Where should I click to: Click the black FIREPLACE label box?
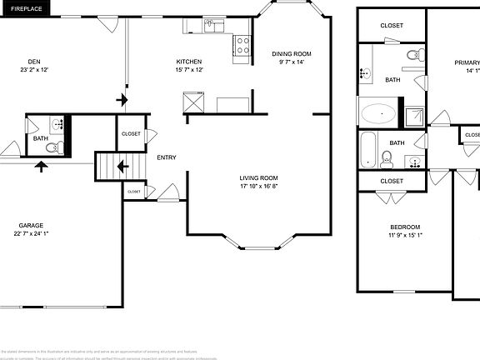pos(26,7)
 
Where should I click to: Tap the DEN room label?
pos(34,62)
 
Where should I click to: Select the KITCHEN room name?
pos(187,62)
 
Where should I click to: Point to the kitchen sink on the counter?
pos(215,26)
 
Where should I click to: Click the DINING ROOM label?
pos(292,54)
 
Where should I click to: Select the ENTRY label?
pos(167,157)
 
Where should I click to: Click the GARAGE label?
pos(32,225)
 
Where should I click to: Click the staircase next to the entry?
pos(109,166)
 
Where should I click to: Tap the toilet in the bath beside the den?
pos(52,148)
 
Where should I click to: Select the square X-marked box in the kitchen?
pos(195,102)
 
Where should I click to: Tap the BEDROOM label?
pos(405,227)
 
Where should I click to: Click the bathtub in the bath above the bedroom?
pos(367,152)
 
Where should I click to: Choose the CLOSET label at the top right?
pos(392,25)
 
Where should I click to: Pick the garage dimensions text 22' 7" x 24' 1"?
pos(32,233)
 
